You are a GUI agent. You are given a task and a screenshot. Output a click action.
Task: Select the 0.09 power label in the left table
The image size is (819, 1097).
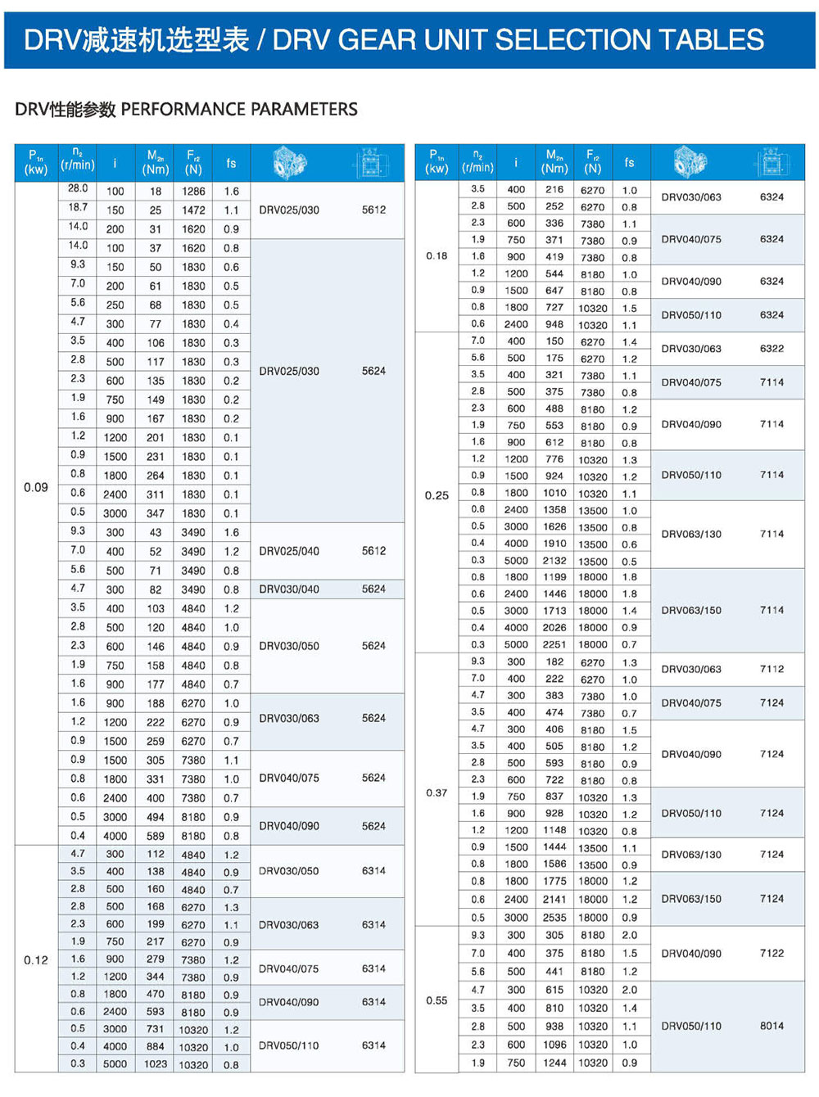pyautogui.click(x=36, y=487)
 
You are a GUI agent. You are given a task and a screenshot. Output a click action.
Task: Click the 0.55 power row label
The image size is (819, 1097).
pyautogui.click(x=437, y=1000)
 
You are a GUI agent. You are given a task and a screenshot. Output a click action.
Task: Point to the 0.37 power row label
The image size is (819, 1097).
pyautogui.click(x=437, y=792)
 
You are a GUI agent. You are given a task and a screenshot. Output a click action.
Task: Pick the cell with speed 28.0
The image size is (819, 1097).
pyautogui.click(x=78, y=188)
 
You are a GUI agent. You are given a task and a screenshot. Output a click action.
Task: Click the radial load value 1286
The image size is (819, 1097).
pyautogui.click(x=193, y=192)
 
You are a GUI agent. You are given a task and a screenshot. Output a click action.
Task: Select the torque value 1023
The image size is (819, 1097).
pyautogui.click(x=156, y=1064)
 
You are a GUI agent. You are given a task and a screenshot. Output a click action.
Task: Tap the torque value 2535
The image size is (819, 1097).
pyautogui.click(x=554, y=918)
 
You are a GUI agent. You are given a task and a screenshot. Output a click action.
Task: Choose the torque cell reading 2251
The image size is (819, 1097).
pyautogui.click(x=554, y=644)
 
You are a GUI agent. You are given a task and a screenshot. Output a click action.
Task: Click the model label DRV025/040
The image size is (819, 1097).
pyautogui.click(x=289, y=551)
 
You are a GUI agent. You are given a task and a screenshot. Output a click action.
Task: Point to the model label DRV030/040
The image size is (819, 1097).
pyautogui.click(x=289, y=589)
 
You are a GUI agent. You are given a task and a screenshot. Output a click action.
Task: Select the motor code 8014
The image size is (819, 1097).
pyautogui.click(x=771, y=1026)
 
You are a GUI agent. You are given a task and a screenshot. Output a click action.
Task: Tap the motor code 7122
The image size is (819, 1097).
pyautogui.click(x=771, y=953)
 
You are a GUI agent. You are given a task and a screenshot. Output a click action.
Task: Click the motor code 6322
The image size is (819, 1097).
pyautogui.click(x=771, y=349)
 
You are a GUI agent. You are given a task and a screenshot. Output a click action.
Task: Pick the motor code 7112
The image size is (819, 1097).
pyautogui.click(x=771, y=669)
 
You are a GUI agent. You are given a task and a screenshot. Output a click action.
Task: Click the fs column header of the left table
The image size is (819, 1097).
pyautogui.click(x=231, y=163)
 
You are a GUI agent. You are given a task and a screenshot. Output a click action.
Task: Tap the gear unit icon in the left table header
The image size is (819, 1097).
pyautogui.click(x=288, y=162)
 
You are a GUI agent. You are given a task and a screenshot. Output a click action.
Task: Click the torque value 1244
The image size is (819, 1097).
pyautogui.click(x=554, y=1063)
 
